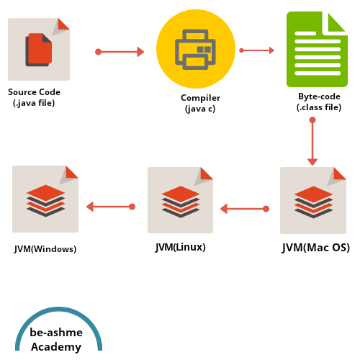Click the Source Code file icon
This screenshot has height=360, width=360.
[x=39, y=49]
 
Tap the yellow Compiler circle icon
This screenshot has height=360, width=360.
[x=196, y=49]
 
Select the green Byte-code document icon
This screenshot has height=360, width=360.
[x=317, y=49]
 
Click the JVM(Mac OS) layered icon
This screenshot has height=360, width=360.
[x=313, y=200]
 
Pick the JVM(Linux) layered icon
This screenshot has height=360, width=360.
[x=180, y=200]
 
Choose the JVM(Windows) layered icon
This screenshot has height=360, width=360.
[x=45, y=199]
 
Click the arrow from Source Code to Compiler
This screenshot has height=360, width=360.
[x=120, y=52]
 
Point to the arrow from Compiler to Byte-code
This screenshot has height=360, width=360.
[x=257, y=50]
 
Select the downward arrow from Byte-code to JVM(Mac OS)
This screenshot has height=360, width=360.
[x=312, y=142]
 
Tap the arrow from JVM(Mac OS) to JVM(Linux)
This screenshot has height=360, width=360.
[x=244, y=209]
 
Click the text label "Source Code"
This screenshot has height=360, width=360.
[x=34, y=92]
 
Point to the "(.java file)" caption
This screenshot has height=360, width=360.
[x=34, y=103]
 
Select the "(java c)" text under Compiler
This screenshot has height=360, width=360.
[x=200, y=109]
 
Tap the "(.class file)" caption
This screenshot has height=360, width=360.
[x=319, y=107]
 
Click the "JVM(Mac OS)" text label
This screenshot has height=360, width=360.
[x=316, y=248]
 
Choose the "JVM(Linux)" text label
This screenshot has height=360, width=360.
[x=181, y=247]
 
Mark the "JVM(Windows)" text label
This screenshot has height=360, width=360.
[x=45, y=249]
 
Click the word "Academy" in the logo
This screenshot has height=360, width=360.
[x=56, y=346]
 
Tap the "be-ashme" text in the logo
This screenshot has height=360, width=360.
[x=56, y=332]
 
